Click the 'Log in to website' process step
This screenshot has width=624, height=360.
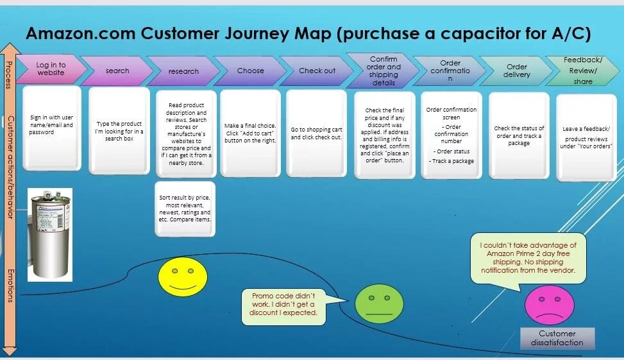point(50,69)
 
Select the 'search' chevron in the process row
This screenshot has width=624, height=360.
point(117,71)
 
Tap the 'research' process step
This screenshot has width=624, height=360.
point(183,71)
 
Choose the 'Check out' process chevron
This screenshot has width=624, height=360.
point(317,71)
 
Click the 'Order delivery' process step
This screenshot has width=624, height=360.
point(517,71)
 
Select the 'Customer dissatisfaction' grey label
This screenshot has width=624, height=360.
point(557,338)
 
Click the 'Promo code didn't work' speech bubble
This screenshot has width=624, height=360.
point(283,305)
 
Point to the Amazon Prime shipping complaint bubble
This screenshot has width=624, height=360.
point(528,257)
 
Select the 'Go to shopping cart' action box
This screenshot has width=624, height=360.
point(317,133)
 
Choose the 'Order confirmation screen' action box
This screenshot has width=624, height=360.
point(451,135)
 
